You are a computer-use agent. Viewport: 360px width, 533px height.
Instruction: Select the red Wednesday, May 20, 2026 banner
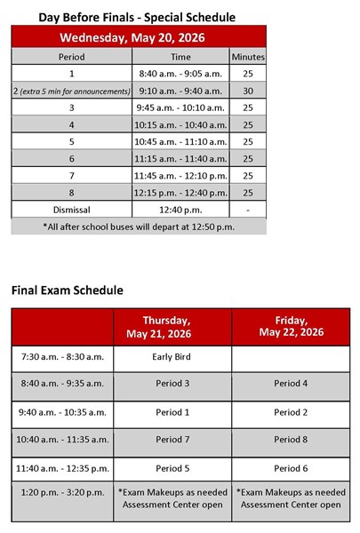click(138, 36)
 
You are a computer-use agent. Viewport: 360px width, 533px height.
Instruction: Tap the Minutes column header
click(247, 56)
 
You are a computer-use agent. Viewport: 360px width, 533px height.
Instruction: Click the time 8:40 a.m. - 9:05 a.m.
click(180, 74)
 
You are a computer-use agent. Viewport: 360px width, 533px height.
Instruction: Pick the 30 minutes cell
click(247, 91)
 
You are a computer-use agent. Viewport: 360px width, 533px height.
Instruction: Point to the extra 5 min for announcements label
click(75, 91)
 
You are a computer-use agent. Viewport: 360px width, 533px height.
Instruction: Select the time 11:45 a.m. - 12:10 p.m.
click(180, 175)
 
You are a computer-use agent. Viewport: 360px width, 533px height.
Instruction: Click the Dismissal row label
click(71, 210)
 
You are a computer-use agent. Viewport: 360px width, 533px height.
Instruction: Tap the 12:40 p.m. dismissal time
click(180, 210)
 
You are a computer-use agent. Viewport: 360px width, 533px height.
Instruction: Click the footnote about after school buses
click(138, 227)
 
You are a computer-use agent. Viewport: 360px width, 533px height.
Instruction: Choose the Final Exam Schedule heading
click(67, 290)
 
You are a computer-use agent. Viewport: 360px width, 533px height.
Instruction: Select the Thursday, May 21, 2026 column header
click(172, 327)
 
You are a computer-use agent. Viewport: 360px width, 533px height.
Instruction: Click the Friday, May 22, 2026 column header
click(291, 327)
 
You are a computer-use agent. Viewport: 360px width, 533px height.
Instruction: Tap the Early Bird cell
click(172, 358)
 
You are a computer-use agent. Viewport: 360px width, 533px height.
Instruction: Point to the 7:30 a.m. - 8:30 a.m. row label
click(62, 358)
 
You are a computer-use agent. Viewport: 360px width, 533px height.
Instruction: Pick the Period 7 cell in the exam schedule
click(172, 440)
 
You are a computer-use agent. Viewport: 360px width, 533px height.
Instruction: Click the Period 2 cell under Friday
click(291, 412)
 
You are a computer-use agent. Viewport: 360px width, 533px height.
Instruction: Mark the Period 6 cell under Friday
click(291, 467)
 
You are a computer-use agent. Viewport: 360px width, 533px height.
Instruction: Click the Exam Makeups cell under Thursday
click(172, 497)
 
